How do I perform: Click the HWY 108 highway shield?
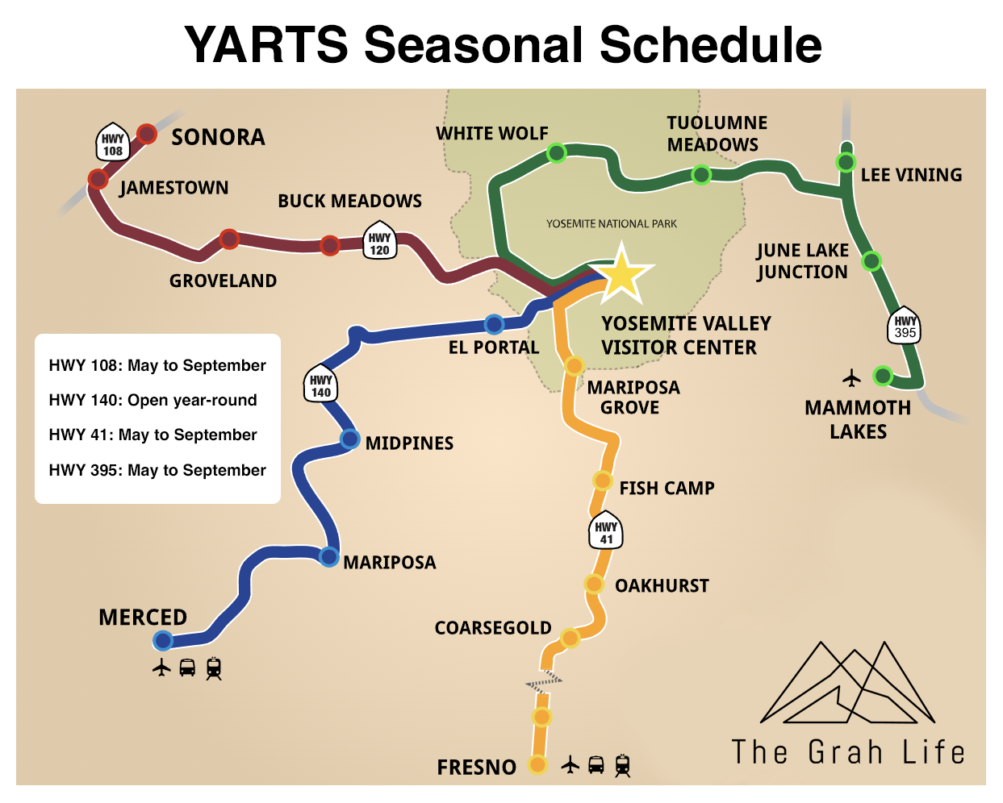click(x=113, y=144)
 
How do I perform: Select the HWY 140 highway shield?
click(x=320, y=385)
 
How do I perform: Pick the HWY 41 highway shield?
click(x=606, y=532)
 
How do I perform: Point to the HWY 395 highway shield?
click(x=905, y=326)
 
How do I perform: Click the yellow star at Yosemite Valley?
click(x=621, y=275)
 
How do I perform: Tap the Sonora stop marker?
click(x=146, y=133)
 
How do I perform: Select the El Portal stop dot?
click(x=494, y=324)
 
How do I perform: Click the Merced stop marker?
click(x=163, y=641)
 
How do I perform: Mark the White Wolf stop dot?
click(x=556, y=152)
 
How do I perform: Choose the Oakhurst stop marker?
click(x=594, y=584)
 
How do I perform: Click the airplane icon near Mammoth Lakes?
click(x=852, y=377)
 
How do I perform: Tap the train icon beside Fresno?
click(x=622, y=765)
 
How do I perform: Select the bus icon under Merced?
click(x=187, y=668)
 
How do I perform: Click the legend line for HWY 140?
click(x=153, y=400)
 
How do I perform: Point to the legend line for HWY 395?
click(x=157, y=470)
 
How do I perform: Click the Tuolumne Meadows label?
click(x=716, y=134)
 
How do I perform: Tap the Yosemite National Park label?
click(x=611, y=224)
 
